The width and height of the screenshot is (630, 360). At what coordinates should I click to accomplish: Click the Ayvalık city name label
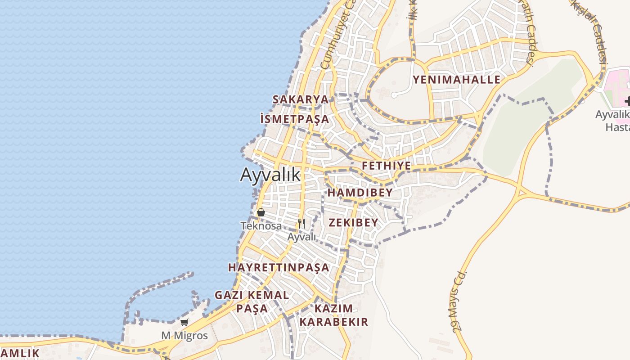click(270, 175)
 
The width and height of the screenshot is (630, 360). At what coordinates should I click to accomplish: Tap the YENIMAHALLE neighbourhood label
click(456, 80)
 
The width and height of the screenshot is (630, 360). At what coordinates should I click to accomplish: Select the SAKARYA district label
click(301, 99)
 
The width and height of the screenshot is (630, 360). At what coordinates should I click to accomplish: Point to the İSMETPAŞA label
click(295, 119)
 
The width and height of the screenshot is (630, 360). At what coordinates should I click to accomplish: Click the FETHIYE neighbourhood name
click(387, 166)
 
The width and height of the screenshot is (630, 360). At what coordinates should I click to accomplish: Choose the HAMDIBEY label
click(360, 193)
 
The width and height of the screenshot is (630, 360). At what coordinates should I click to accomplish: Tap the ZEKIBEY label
click(353, 223)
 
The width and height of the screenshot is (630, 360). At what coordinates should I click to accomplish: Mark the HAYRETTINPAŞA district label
click(279, 267)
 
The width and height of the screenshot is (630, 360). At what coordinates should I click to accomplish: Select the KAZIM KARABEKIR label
click(333, 315)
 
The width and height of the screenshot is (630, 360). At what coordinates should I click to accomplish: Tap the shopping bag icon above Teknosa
click(261, 212)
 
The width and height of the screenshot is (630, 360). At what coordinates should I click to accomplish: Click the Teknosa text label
click(261, 225)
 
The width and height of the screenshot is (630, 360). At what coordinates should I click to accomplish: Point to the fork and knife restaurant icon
click(301, 223)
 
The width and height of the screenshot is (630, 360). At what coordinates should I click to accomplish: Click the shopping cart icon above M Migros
click(184, 322)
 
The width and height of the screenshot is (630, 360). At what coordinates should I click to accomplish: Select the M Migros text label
click(184, 336)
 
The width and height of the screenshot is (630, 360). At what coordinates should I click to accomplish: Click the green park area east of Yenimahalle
click(517, 126)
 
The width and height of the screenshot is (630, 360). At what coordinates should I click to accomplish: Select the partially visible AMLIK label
click(20, 353)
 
